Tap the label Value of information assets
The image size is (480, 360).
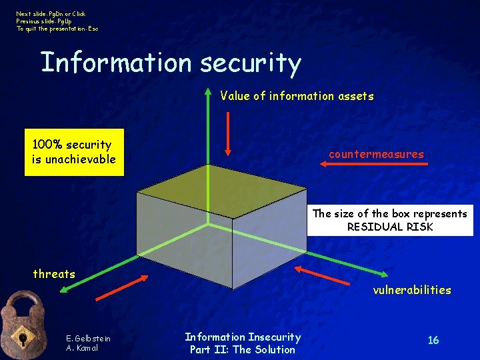[x=297, y=96]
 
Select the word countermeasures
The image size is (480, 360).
[x=376, y=154]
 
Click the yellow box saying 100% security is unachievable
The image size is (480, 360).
[x=74, y=152]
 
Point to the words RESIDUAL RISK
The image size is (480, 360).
[x=390, y=227]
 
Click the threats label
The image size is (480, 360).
[x=54, y=273]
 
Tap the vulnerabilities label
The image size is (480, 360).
[x=411, y=290]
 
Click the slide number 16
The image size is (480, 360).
[x=433, y=341]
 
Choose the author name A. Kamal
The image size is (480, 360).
[x=83, y=347]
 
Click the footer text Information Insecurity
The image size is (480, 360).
[x=243, y=337]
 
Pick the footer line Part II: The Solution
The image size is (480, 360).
[x=243, y=349]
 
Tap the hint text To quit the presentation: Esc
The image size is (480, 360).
[x=57, y=29]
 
